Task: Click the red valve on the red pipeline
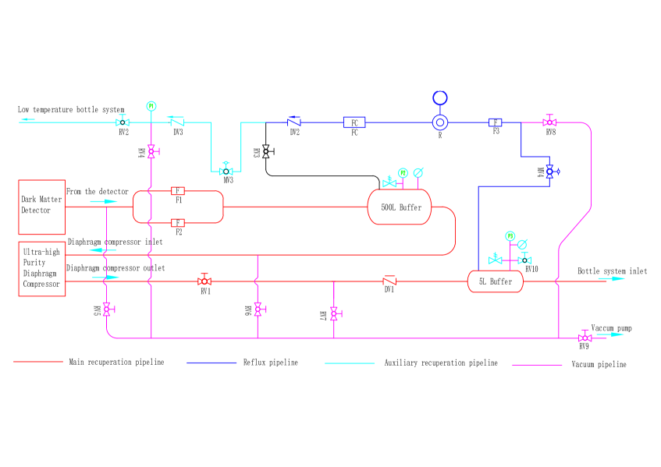tap(204, 280)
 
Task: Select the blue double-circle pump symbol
tap(440, 122)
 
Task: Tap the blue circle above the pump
tap(440, 98)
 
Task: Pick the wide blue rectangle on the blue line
tap(354, 122)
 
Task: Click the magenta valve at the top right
tap(549, 122)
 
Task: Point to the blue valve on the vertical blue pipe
tap(550, 172)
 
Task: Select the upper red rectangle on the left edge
tap(42, 207)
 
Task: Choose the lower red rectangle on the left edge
tap(42, 269)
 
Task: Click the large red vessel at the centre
tap(400, 207)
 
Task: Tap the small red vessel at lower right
tap(496, 281)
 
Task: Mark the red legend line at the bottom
tap(38, 362)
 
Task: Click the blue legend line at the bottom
tap(211, 363)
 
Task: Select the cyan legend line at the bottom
tap(350, 363)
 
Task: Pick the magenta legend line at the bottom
tap(537, 365)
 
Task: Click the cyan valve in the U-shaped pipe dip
tap(226, 171)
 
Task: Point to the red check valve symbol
tap(389, 280)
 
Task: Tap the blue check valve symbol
tap(293, 121)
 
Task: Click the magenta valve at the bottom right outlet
tap(585, 337)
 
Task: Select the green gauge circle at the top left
tap(151, 106)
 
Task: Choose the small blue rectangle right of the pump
tap(495, 122)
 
